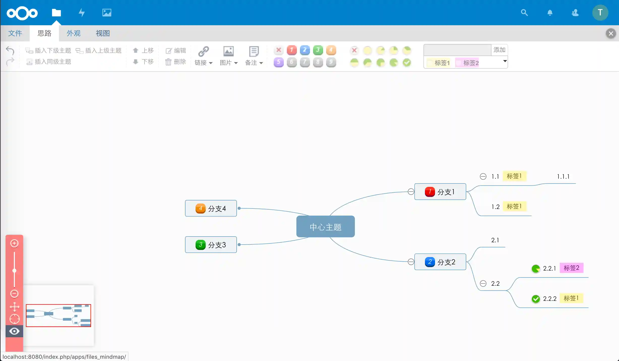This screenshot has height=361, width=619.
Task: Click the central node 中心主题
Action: tap(325, 227)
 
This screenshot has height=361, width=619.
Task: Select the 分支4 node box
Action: tap(211, 209)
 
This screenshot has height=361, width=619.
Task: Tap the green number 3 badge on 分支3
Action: tap(200, 245)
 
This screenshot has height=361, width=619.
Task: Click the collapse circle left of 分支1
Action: tap(411, 192)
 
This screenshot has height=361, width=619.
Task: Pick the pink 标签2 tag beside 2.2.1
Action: tap(571, 268)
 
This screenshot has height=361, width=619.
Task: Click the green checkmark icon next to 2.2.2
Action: tap(536, 299)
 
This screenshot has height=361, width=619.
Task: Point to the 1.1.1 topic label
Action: tap(563, 176)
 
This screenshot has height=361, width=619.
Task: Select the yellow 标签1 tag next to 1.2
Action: tap(514, 207)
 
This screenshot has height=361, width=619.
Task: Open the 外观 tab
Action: tap(73, 33)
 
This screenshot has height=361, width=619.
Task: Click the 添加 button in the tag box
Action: tap(499, 50)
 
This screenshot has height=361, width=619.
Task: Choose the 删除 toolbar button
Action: tap(176, 62)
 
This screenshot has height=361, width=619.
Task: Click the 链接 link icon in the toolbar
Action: tap(203, 51)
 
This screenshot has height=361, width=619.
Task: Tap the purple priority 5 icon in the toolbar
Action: tap(278, 62)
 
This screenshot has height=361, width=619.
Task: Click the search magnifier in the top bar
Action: tap(524, 13)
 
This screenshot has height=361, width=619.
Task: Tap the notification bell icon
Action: tap(550, 13)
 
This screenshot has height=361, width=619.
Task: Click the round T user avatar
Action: tap(600, 13)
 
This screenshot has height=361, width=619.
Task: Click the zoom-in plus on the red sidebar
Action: tap(14, 243)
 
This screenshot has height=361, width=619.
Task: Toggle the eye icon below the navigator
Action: tap(14, 331)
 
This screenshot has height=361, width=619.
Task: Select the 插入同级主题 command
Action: tap(49, 62)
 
